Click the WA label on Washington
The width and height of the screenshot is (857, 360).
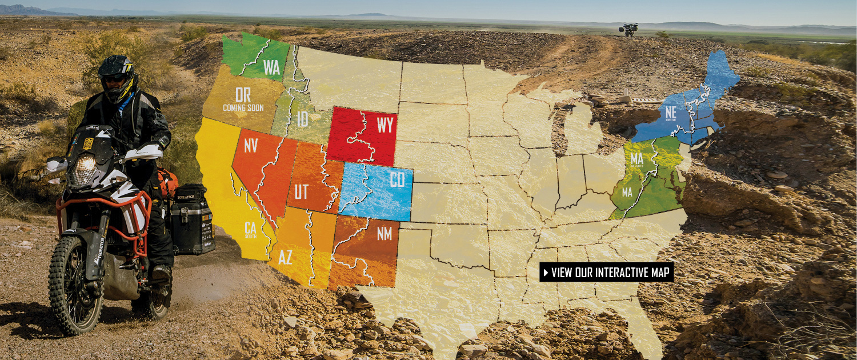(x=272, y=67)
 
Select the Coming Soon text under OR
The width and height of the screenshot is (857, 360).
(x=243, y=108)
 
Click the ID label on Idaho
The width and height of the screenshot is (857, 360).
(x=303, y=119)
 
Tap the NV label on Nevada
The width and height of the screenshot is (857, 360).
(x=251, y=146)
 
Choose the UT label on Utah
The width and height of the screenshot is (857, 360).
(x=301, y=191)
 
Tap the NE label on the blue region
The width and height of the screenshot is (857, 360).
(x=670, y=113)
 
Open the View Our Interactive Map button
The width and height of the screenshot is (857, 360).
(x=606, y=272)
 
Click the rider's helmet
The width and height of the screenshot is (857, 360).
(x=116, y=76)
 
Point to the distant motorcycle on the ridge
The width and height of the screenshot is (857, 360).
(x=629, y=30)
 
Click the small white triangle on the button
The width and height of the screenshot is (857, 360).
(x=546, y=273)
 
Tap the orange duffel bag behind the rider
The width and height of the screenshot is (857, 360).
(x=167, y=181)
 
